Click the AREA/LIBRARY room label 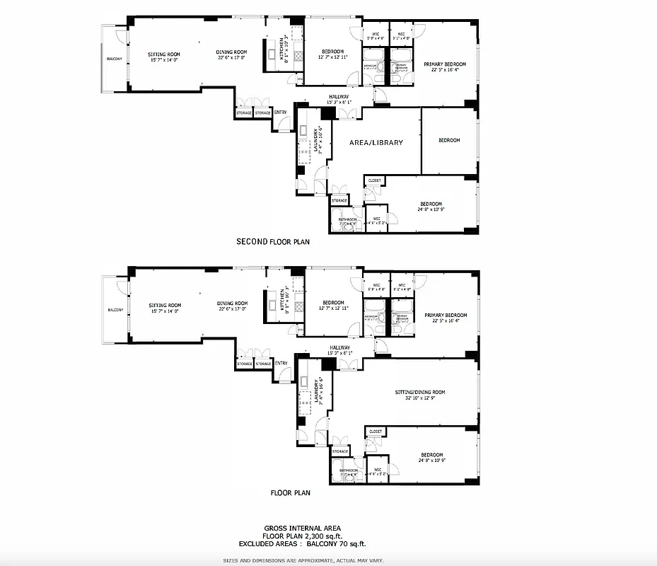click(376, 142)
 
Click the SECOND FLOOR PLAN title click(272, 242)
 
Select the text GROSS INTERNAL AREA click(302, 528)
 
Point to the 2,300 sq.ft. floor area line click(302, 536)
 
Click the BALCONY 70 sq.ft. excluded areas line click(302, 544)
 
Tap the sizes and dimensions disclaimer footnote click(303, 560)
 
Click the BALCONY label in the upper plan click(115, 59)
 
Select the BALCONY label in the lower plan click(115, 310)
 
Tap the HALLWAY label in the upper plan click(339, 97)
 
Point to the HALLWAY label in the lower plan click(339, 347)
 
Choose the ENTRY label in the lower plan click(281, 364)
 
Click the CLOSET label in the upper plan click(375, 181)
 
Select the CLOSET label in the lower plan click(376, 432)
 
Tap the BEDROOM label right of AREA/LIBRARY click(449, 140)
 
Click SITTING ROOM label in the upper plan click(165, 54)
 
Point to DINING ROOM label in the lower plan click(232, 304)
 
